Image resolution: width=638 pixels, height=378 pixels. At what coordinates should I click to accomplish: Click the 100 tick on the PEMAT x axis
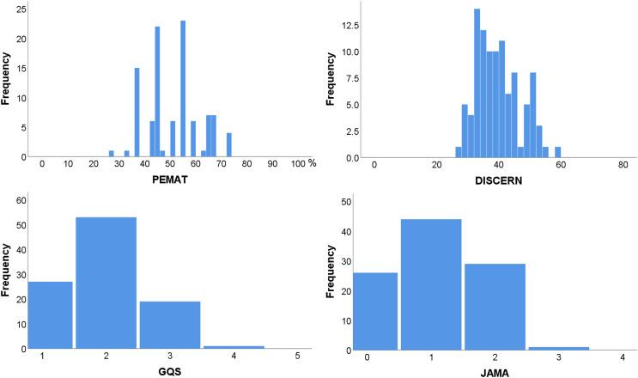tap(297, 166)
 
